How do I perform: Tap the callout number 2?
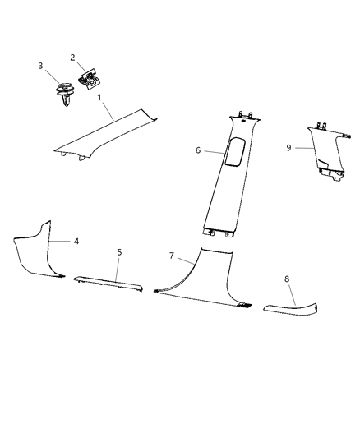[x=72, y=58]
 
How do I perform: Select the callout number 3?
[x=40, y=66]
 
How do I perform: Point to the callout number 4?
[x=76, y=242]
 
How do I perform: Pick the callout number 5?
[x=118, y=252]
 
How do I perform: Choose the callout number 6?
[x=198, y=150]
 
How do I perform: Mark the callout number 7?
[x=172, y=256]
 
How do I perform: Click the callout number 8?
[x=287, y=279]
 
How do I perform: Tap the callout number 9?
[x=288, y=147]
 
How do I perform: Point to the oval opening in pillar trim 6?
[x=233, y=151]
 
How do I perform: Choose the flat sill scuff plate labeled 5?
[x=111, y=283]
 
